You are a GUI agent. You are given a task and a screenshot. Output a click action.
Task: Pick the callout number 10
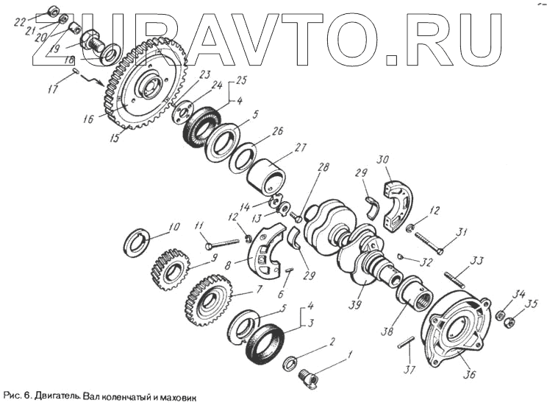[174, 226]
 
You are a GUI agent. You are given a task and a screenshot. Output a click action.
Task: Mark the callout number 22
[20, 23]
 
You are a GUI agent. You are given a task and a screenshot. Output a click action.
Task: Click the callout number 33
[477, 260]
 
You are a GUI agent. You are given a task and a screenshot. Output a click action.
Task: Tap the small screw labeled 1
[310, 379]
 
